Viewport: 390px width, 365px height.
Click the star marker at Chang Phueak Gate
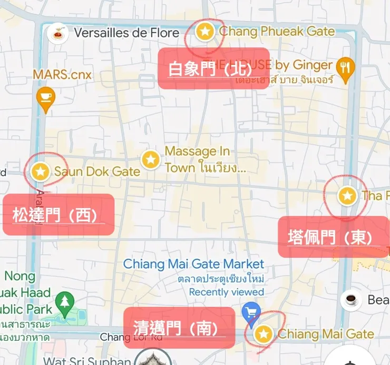coord(204,32)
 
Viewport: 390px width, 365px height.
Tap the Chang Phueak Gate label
coord(277,32)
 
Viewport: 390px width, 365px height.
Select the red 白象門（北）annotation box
coord(213,68)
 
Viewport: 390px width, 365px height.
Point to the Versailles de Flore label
coord(126,33)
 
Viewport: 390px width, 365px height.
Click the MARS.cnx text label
coord(62,74)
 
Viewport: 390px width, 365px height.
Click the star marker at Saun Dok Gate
coord(41,171)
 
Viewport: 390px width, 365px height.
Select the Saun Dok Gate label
coord(97,171)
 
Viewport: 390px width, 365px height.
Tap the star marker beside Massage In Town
coord(151,159)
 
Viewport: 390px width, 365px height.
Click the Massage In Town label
coord(205,159)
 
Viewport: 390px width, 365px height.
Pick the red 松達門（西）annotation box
coord(58,215)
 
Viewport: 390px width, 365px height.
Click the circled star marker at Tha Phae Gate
coord(346,196)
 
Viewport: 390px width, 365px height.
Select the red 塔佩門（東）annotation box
coord(333,237)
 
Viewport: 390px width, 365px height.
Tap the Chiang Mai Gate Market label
coord(193,263)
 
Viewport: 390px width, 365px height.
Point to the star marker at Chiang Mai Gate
coord(264,333)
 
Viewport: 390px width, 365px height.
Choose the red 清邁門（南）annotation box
coord(179,328)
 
